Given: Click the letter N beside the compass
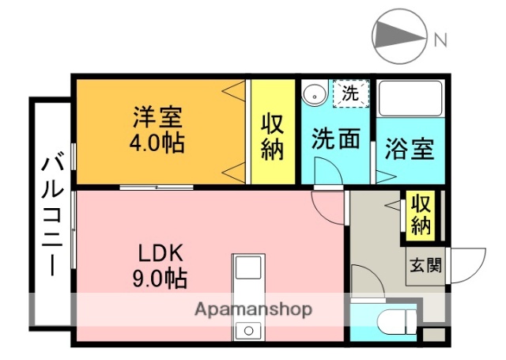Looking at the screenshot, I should tap(440, 38).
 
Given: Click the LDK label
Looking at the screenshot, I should tap(161, 253).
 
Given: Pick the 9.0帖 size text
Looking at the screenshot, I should tap(160, 279).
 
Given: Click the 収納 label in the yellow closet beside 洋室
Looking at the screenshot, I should tap(273, 137).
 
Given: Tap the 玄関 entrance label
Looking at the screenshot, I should tap(425, 265).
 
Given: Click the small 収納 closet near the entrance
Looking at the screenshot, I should tap(420, 215).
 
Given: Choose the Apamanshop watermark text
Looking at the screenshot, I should tap(253, 309).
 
